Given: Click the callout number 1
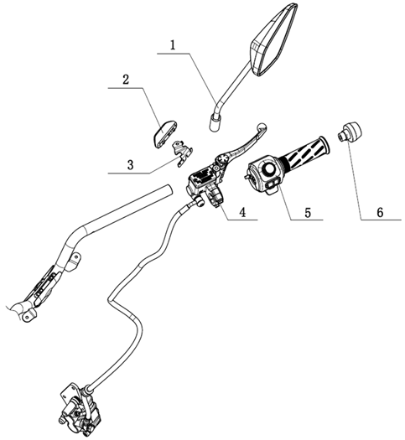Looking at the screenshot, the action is [174, 45].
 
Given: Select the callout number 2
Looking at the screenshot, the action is [126, 80].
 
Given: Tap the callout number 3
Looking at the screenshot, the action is [130, 165].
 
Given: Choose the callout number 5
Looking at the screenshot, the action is [308, 212].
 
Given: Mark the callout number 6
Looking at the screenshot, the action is [380, 212].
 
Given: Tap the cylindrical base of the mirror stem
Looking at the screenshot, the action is [215, 123].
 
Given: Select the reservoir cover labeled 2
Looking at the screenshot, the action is [164, 132].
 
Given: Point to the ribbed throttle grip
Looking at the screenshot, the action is [307, 153].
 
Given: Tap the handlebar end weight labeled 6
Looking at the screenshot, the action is [350, 132].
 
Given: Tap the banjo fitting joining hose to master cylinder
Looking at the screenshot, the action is [200, 201].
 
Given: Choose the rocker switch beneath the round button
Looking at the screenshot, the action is [273, 184].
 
